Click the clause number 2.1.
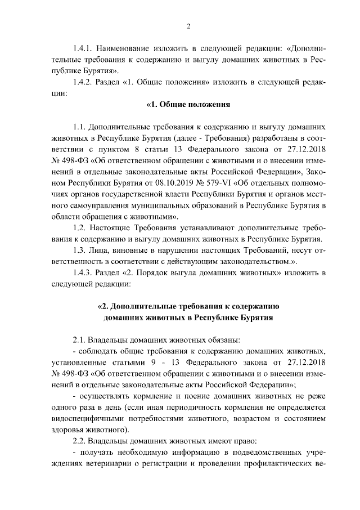(x=79, y=339)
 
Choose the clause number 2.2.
(x=79, y=440)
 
